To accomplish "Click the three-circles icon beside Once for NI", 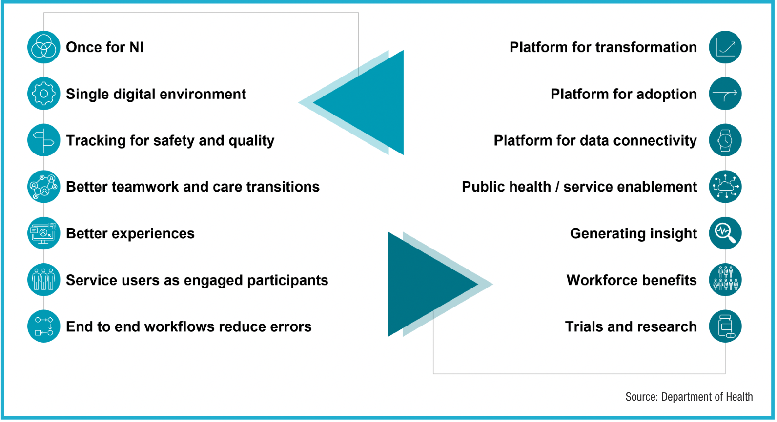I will click(x=43, y=47).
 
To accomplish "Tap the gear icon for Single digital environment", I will click(x=43, y=94).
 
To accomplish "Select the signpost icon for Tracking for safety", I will click(x=43, y=140).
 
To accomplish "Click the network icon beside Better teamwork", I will click(x=43, y=187).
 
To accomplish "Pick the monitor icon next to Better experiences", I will click(x=43, y=233).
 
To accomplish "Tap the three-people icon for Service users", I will click(x=43, y=280).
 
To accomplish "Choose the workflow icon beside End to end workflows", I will click(x=43, y=326).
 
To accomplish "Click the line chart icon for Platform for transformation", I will click(x=725, y=47).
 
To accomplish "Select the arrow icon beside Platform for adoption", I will click(x=725, y=94).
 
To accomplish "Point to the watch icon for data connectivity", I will click(x=725, y=140).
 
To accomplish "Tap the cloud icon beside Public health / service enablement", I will click(x=725, y=187).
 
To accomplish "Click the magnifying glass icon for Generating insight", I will click(x=725, y=233).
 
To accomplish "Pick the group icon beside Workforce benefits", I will click(x=725, y=280).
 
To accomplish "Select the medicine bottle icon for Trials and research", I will click(x=725, y=326).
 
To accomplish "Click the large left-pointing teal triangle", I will click(x=371, y=103).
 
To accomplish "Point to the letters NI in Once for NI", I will click(x=136, y=47).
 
